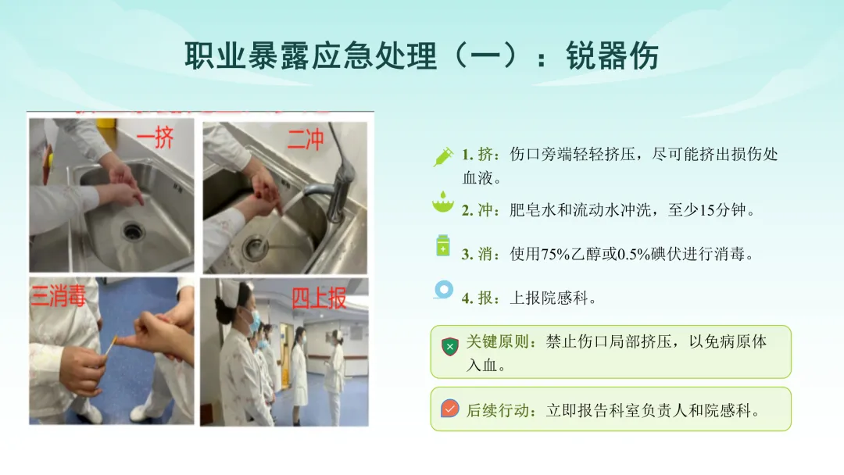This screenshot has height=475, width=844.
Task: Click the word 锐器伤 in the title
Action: pyautogui.click(x=613, y=55)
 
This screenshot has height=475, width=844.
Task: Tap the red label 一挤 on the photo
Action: pyautogui.click(x=155, y=137)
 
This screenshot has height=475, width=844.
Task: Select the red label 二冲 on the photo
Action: pyautogui.click(x=306, y=139)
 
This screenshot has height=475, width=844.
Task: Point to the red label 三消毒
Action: pyautogui.click(x=58, y=295)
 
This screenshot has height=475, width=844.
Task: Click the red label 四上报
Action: pyautogui.click(x=319, y=298)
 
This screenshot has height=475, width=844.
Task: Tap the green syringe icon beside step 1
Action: pyautogui.click(x=444, y=156)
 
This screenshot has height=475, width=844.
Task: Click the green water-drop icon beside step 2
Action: pyautogui.click(x=443, y=202)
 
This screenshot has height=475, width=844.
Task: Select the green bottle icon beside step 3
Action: pyautogui.click(x=443, y=245)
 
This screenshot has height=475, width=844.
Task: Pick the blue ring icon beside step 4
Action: pyautogui.click(x=444, y=290)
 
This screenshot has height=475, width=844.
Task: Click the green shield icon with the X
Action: pyautogui.click(x=449, y=347)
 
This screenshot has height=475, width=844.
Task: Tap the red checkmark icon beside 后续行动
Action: pyautogui.click(x=449, y=409)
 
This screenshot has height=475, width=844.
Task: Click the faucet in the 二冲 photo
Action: pyautogui.click(x=334, y=183)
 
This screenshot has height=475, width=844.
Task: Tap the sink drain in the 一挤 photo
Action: pyautogui.click(x=132, y=230)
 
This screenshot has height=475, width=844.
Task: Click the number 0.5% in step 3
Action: pyautogui.click(x=633, y=254)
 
